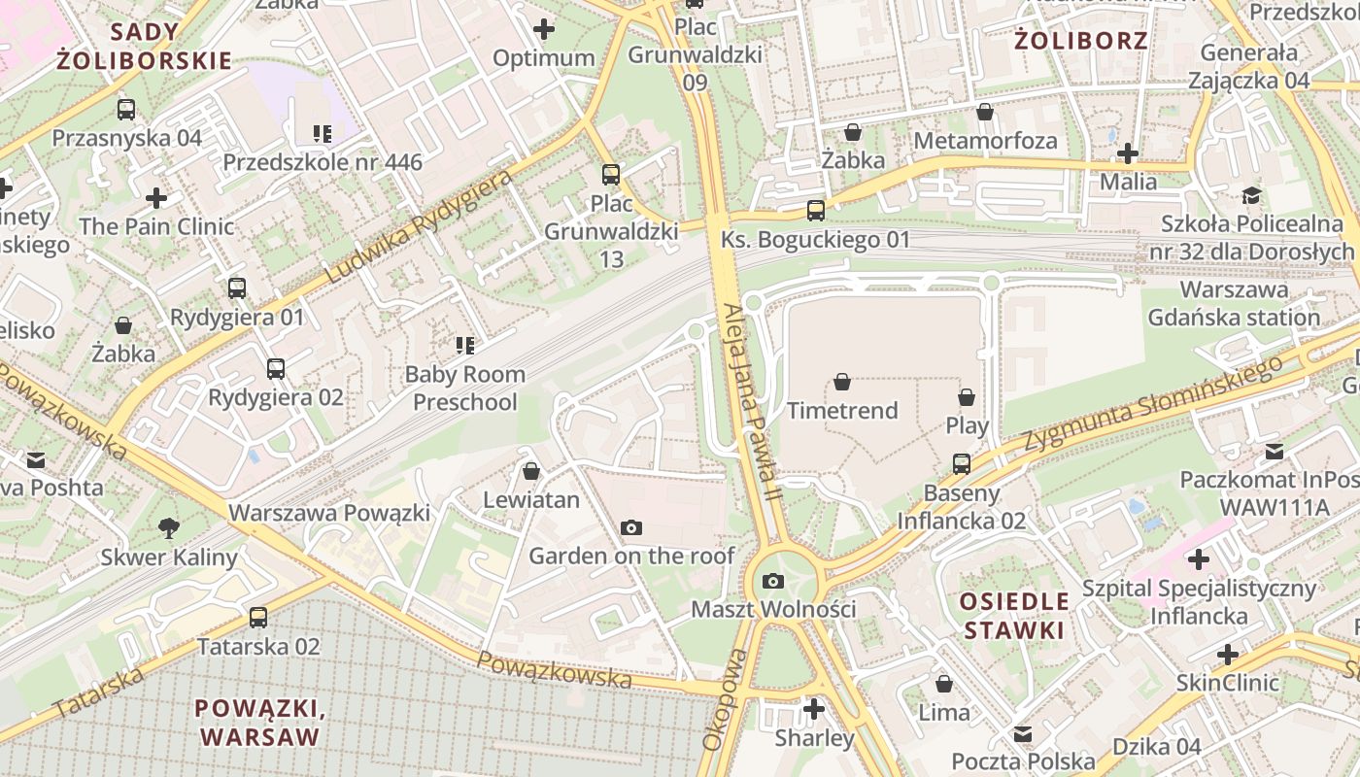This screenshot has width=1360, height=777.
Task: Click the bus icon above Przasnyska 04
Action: [x=125, y=109]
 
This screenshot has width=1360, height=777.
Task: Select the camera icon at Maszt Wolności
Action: [x=773, y=581]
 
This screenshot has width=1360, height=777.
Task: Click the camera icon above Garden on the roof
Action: [x=631, y=527]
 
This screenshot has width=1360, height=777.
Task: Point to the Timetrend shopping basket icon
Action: [x=842, y=383]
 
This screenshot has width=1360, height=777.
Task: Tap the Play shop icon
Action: [x=967, y=397]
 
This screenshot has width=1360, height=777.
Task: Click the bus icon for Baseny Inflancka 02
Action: [x=961, y=464]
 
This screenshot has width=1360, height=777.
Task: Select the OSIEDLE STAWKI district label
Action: [x=1014, y=615]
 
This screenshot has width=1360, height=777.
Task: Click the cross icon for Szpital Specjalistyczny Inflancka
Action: [x=1199, y=559]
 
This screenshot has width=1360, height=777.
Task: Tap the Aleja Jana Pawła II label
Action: [x=752, y=403]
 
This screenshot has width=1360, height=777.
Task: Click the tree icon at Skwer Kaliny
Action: [x=169, y=528]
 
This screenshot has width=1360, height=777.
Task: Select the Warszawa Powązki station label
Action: [x=328, y=512]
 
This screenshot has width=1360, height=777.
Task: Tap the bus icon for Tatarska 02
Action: [x=258, y=617]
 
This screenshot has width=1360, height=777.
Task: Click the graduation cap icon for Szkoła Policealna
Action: [x=1251, y=196]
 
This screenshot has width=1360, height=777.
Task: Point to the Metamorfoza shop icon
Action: [x=985, y=112]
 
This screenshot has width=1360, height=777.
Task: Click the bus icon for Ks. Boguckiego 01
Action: [x=816, y=211]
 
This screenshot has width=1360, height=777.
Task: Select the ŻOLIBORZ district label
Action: [x=1081, y=41]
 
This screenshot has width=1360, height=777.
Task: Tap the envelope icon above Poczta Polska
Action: [x=1023, y=733]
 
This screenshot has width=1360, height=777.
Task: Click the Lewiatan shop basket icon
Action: [x=531, y=471]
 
